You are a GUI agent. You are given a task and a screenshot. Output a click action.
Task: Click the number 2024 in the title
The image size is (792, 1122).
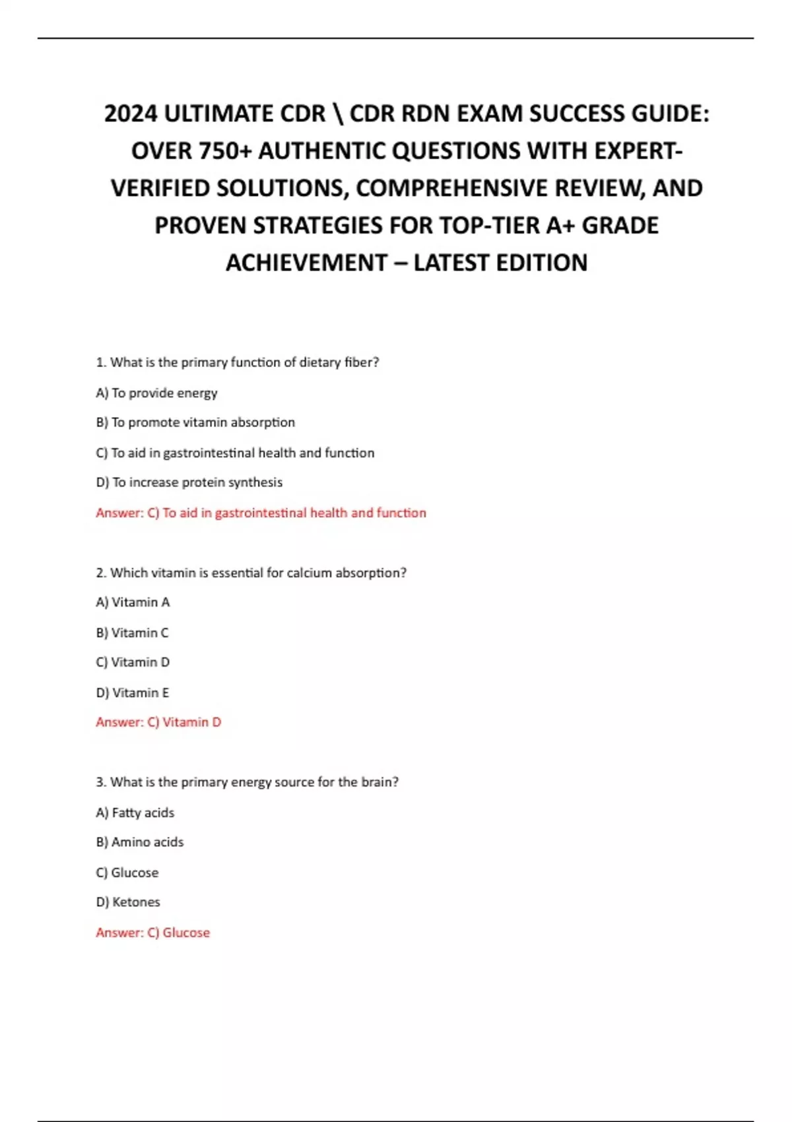[131, 114]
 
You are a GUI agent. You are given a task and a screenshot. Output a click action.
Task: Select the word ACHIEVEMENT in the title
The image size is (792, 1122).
[306, 263]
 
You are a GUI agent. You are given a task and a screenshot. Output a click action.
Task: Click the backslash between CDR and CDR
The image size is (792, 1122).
[338, 114]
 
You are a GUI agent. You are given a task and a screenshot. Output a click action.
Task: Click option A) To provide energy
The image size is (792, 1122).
[156, 393]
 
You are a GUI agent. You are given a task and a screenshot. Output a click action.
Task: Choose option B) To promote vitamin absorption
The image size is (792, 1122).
[195, 422]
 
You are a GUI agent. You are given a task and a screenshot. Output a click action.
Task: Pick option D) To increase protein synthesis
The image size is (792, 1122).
[189, 482]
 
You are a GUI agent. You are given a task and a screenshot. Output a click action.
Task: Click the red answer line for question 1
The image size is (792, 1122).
[261, 513]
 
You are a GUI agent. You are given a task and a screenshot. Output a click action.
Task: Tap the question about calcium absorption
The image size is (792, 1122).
[251, 573]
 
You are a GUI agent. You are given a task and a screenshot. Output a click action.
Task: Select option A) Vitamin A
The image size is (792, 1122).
[133, 602]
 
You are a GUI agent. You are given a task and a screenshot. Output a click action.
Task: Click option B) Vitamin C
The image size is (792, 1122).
[132, 632]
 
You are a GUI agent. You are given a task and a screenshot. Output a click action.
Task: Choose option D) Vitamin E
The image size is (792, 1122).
[133, 692]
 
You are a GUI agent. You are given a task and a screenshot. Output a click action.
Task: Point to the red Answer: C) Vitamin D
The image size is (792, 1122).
[158, 722]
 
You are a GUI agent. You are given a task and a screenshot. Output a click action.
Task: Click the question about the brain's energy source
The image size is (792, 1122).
[247, 782]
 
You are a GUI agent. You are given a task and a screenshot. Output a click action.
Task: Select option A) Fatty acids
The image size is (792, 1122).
[135, 812]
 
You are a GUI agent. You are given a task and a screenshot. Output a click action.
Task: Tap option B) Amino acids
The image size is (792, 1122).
[140, 842]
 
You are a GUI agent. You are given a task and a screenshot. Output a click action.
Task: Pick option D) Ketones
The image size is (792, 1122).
[128, 902]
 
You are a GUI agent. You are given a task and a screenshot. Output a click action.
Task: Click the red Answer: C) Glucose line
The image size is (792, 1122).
[152, 933]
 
